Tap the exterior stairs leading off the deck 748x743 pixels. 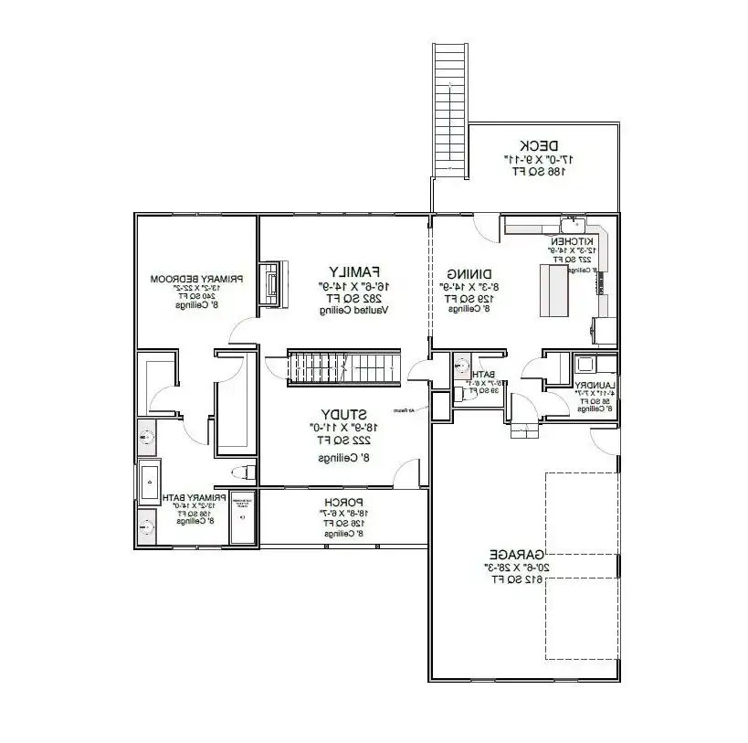(x=450, y=109)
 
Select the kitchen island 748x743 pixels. (x=553, y=289)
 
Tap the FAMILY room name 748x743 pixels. (x=353, y=271)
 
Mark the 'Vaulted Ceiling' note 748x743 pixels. (x=353, y=311)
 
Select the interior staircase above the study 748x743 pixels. (x=344, y=366)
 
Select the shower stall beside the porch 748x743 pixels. (x=243, y=518)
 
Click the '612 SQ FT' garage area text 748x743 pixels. (x=517, y=578)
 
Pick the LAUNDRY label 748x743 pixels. (x=596, y=385)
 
